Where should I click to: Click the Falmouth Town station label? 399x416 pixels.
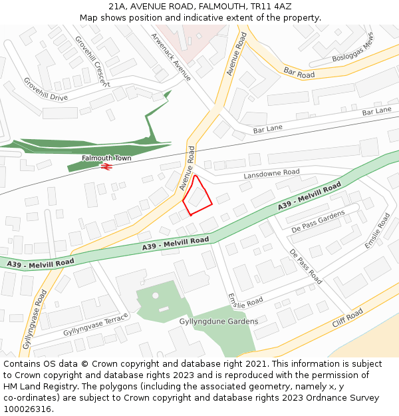pos(106,158)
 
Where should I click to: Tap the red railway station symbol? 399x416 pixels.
pos(104,166)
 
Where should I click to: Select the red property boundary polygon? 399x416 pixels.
pos(197,196)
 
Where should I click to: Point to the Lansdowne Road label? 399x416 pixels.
pos(271,172)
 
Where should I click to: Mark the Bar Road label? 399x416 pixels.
pos(299,73)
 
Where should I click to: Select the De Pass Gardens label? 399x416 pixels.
pos(319,221)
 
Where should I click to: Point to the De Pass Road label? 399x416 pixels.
pos(305,266)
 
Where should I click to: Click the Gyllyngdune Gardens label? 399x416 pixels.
pos(219,321)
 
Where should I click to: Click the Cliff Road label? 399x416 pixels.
pos(348,318)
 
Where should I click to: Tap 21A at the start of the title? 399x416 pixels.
pos(118,6)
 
